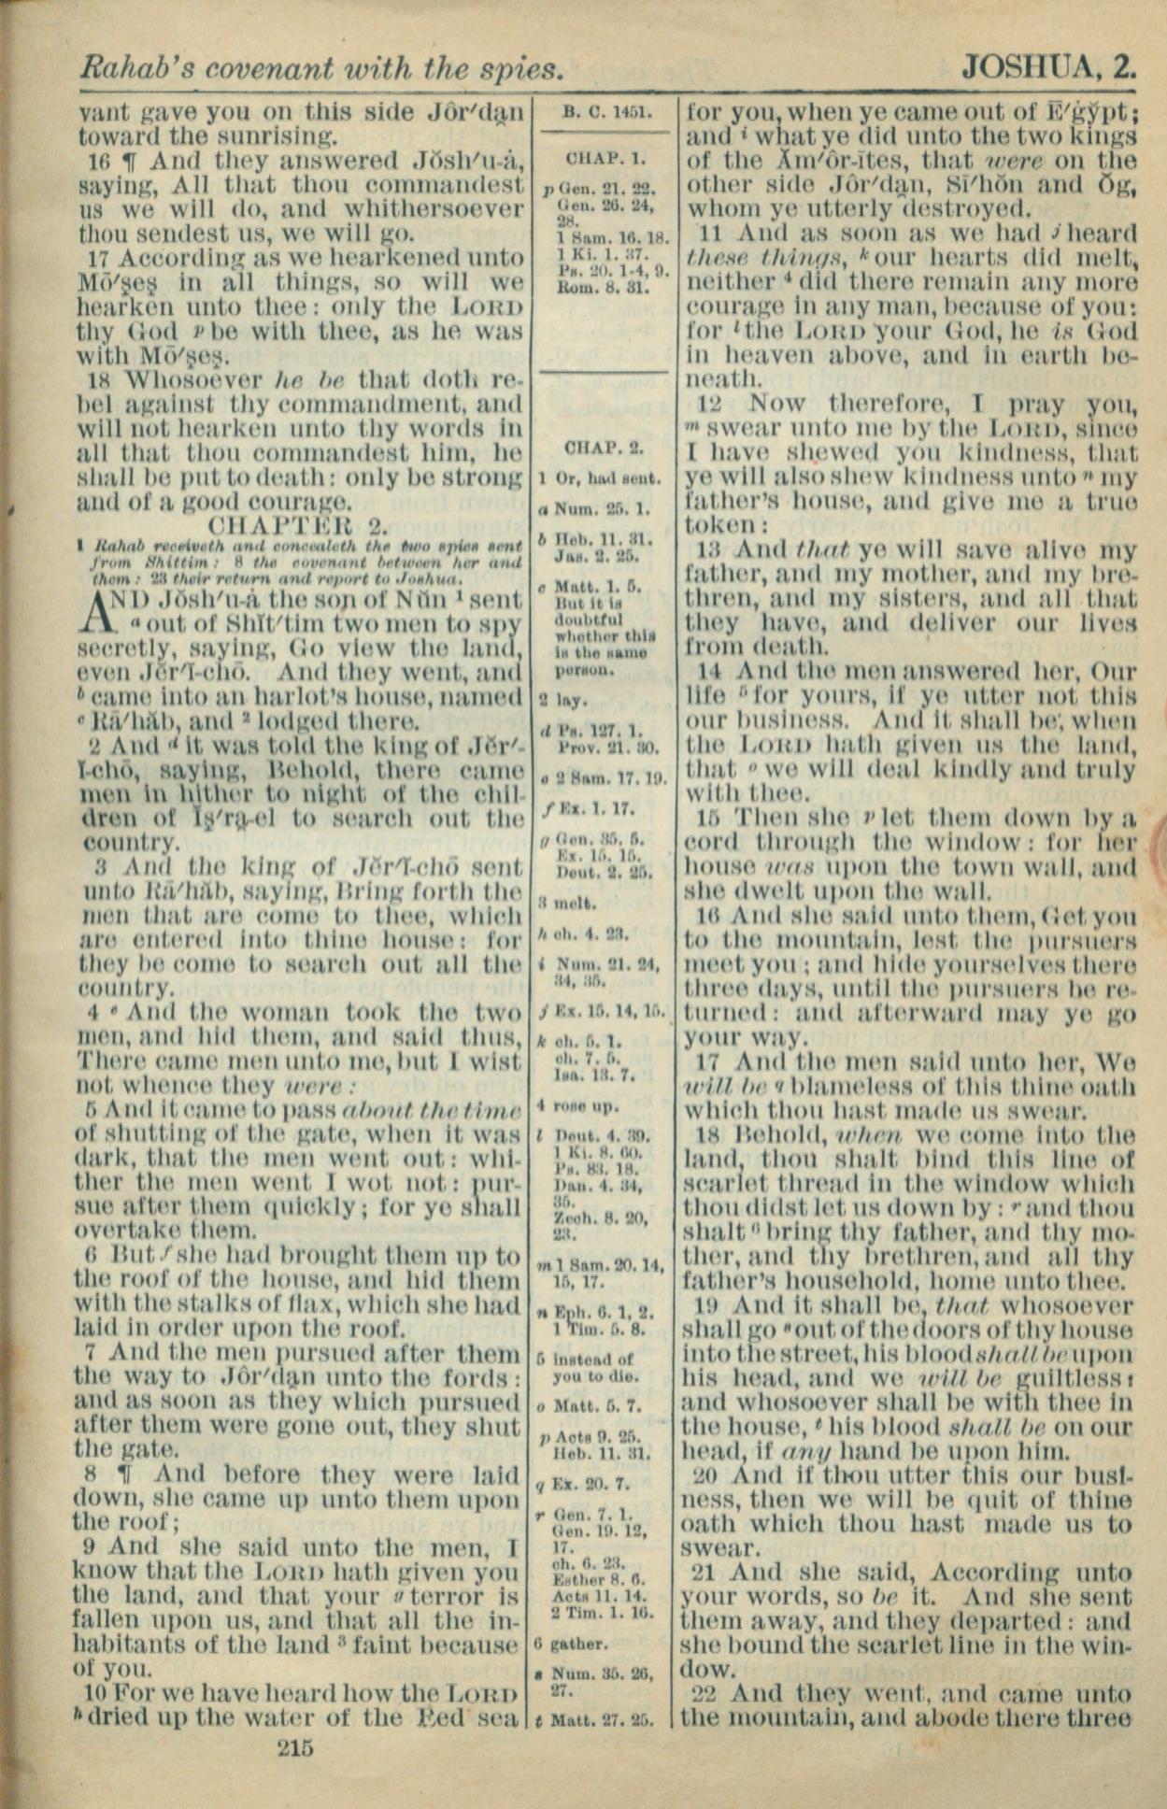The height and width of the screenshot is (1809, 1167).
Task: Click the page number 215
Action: click(295, 1746)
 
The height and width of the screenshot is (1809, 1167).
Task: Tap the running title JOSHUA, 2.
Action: click(1048, 67)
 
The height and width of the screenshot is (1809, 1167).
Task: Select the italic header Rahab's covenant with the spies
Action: click(321, 67)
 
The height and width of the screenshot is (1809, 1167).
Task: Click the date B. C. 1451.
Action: click(604, 114)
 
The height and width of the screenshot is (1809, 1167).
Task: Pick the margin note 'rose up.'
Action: click(590, 1106)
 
